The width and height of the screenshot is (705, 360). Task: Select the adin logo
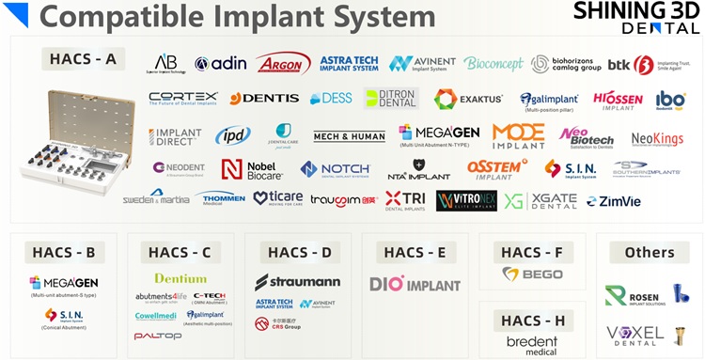click(221, 63)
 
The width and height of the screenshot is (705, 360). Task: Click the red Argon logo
click(283, 63)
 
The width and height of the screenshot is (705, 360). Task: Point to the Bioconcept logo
click(493, 63)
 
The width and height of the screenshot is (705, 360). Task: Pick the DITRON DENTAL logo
click(391, 99)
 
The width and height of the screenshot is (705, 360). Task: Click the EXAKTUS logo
click(468, 99)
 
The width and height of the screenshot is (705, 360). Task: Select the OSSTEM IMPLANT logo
click(497, 169)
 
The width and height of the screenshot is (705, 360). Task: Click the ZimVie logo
click(614, 201)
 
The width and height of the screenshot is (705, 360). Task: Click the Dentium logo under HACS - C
click(180, 278)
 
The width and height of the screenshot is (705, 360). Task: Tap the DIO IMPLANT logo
click(415, 283)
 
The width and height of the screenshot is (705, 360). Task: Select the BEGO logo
click(532, 275)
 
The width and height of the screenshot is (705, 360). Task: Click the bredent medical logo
click(531, 344)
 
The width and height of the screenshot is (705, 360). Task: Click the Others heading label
click(649, 252)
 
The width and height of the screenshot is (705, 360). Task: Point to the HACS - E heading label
click(415, 252)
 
